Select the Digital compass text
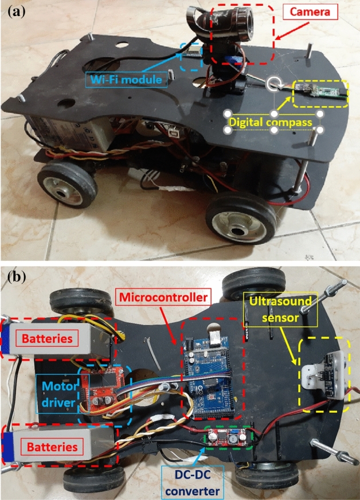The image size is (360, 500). click(x=275, y=122)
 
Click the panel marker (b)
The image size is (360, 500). click(x=14, y=278)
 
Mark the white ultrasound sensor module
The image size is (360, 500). click(x=323, y=373)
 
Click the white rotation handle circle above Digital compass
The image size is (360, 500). click(x=275, y=84)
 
